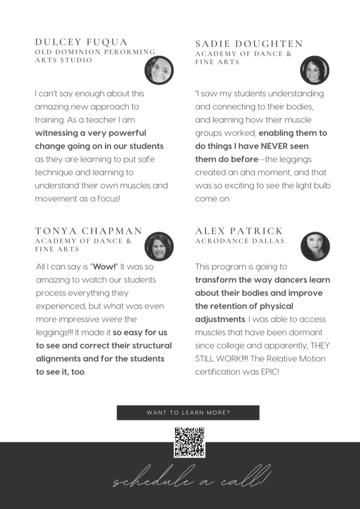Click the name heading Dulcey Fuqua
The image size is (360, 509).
(x=81, y=42)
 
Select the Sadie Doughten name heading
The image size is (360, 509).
(x=249, y=44)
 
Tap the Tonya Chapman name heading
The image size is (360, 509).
(x=89, y=231)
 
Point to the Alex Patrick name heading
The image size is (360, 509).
(x=239, y=231)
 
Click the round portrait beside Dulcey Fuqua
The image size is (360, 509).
(x=159, y=70)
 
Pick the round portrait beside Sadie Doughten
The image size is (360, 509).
(x=315, y=70)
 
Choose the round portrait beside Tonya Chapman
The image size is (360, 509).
(x=159, y=247)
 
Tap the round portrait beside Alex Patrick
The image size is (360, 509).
(x=315, y=247)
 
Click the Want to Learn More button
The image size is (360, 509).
(x=188, y=413)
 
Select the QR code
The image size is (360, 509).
(x=190, y=442)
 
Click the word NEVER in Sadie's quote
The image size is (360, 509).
(x=278, y=146)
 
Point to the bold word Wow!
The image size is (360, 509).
(x=105, y=267)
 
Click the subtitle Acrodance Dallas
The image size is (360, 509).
(x=240, y=241)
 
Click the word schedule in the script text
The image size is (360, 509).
(x=150, y=480)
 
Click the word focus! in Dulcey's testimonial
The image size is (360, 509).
(x=109, y=199)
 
